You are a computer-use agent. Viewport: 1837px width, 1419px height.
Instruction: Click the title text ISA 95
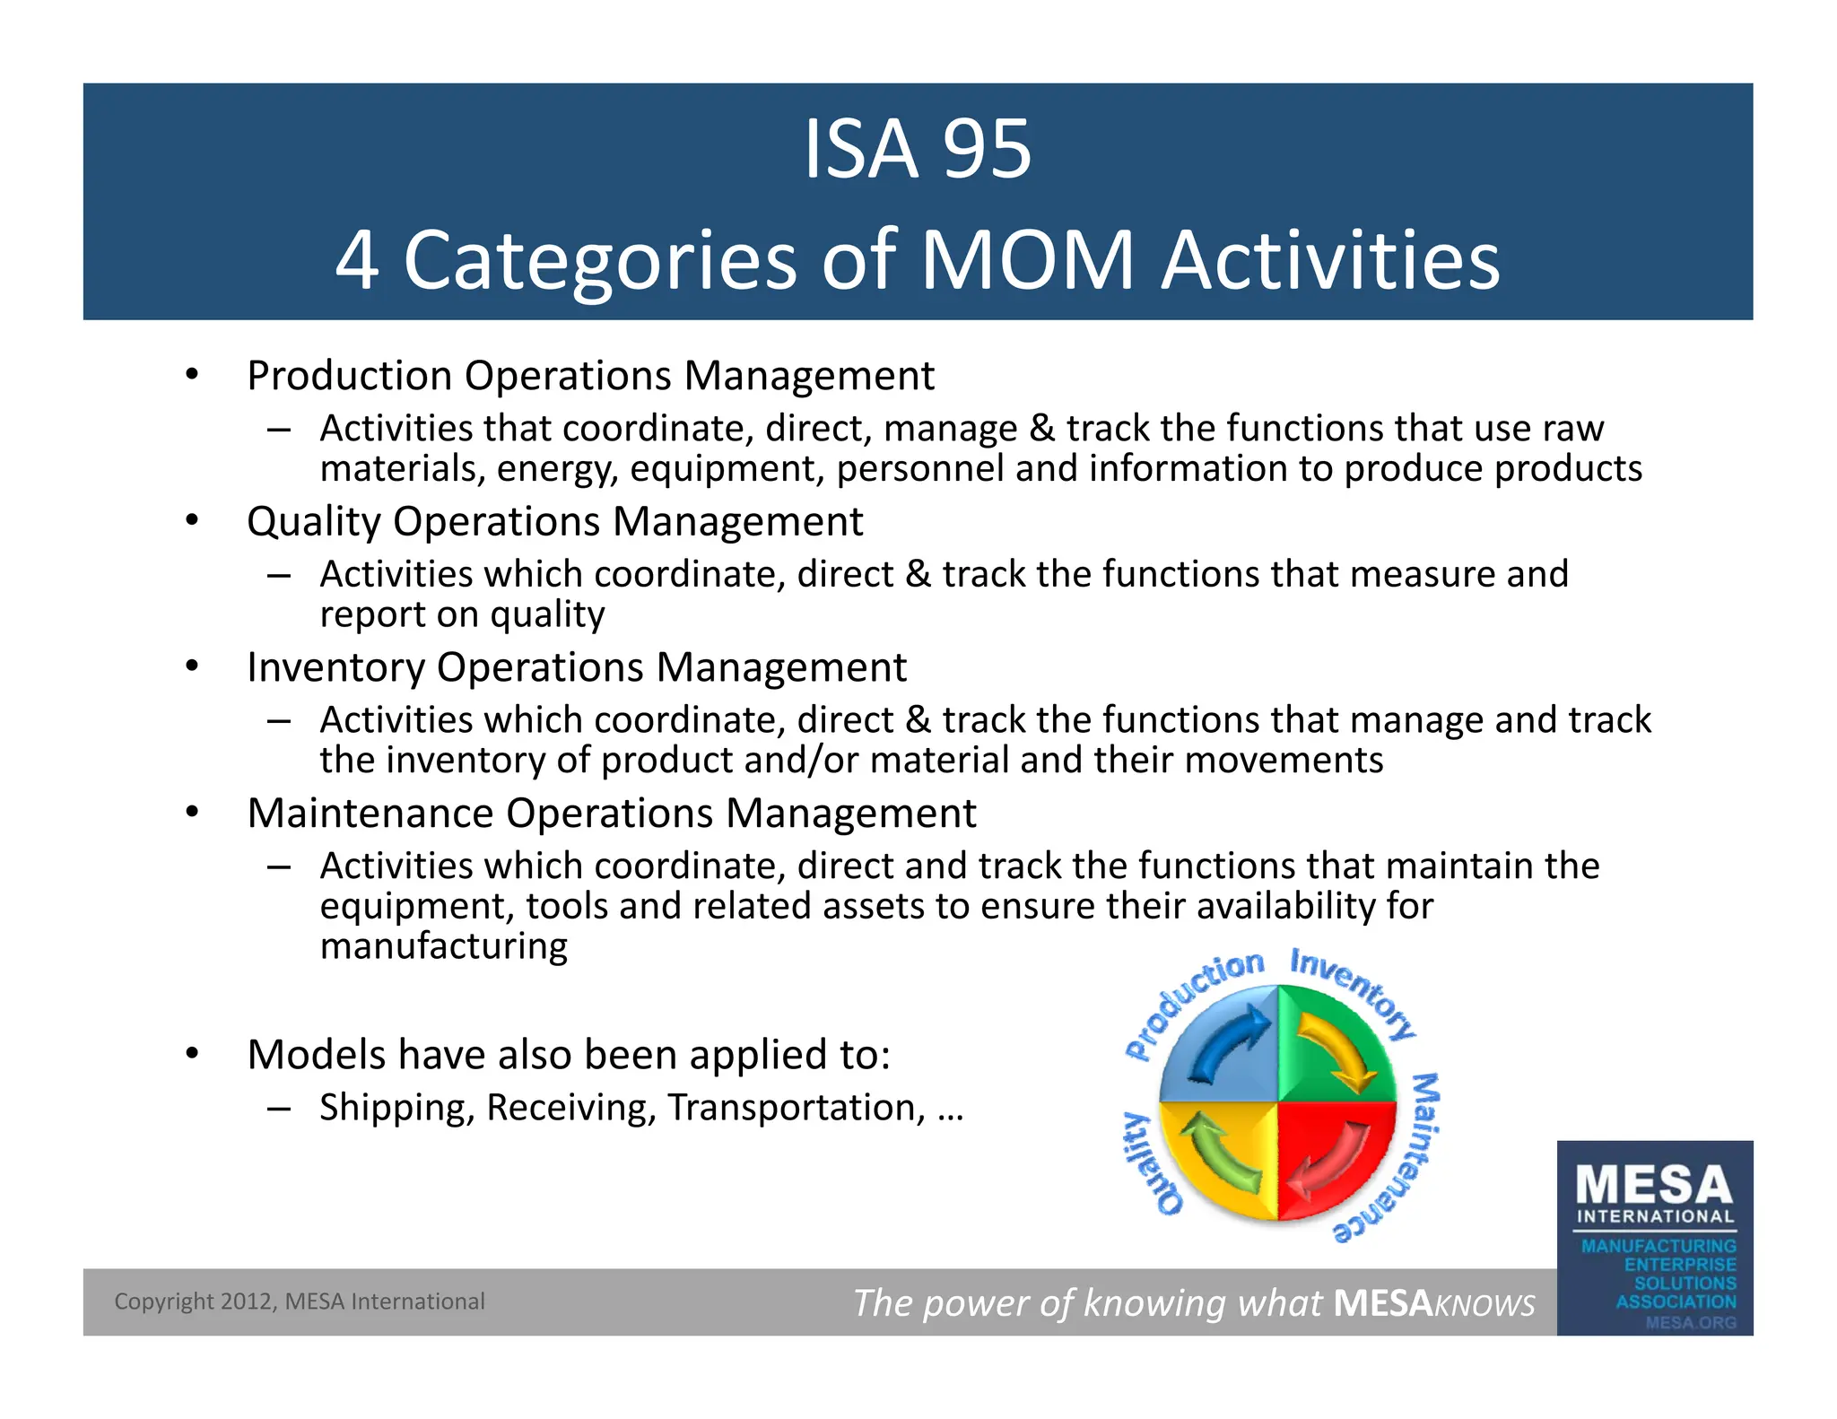[917, 150]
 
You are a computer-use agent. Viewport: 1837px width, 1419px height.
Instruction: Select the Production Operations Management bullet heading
[590, 375]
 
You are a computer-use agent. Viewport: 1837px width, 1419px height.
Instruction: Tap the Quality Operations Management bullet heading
[554, 521]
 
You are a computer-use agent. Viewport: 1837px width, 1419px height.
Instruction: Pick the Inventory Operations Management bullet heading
[577, 667]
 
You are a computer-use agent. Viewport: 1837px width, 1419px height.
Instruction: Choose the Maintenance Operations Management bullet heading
[612, 814]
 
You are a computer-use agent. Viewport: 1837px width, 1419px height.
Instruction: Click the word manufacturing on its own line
[444, 946]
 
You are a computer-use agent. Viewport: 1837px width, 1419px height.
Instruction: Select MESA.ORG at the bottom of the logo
[1691, 1322]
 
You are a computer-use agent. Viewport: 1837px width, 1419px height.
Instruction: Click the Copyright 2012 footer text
[299, 1301]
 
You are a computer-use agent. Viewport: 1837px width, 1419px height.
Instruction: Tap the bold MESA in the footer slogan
[1382, 1303]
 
